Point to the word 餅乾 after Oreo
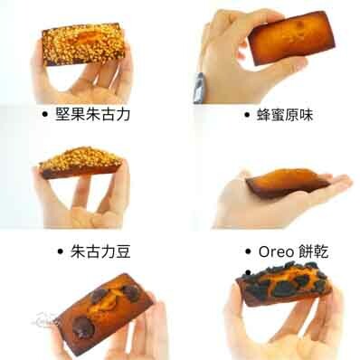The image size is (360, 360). click(315, 251)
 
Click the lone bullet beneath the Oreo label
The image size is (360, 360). click(248, 270)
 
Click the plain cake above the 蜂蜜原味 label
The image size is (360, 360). click(288, 37)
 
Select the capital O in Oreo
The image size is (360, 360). click(265, 251)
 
